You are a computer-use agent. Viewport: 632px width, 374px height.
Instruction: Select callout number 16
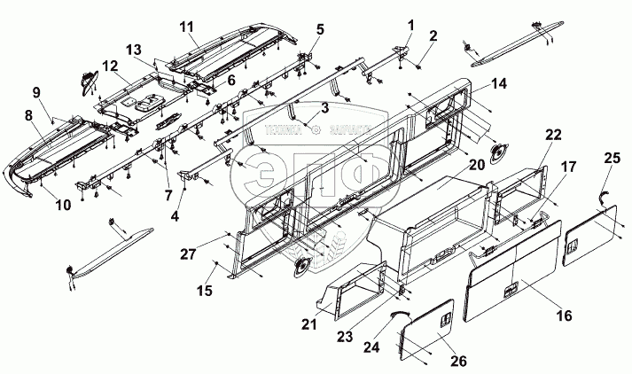pos(565,315)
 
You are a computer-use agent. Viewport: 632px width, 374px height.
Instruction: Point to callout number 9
pos(36,92)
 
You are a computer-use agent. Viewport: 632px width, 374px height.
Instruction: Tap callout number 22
pos(553,134)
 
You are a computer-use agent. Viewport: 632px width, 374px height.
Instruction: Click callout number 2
pos(433,36)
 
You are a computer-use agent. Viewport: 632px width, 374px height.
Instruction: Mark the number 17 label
pos(566,166)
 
